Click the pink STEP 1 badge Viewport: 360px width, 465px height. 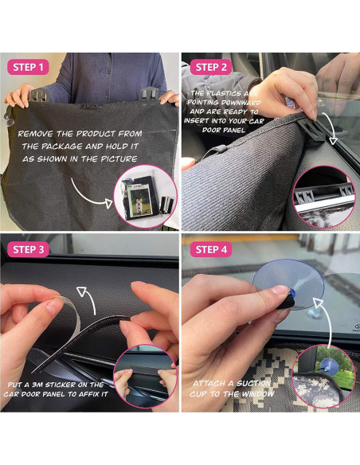[28, 67]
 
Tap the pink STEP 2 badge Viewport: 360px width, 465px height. [211, 67]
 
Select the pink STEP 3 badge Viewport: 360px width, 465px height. [28, 250]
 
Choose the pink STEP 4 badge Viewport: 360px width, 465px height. [211, 250]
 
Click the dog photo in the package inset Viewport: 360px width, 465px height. [140, 201]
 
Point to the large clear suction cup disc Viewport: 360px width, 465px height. [288, 283]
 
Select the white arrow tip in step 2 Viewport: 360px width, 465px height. [334, 140]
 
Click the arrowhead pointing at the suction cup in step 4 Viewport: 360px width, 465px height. [318, 303]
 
